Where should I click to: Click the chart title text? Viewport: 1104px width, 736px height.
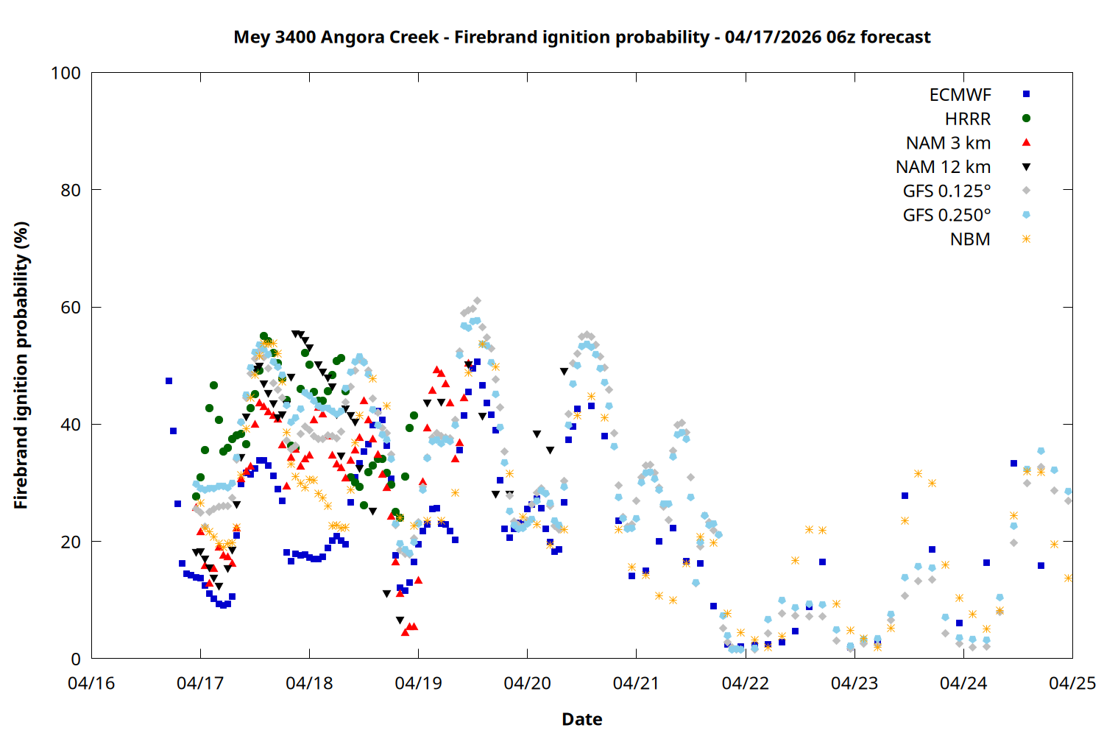coord(581,37)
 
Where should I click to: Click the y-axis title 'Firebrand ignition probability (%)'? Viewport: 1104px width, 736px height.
coord(21,365)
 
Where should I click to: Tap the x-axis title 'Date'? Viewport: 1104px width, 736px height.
coord(581,719)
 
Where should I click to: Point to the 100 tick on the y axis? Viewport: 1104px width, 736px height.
coord(66,73)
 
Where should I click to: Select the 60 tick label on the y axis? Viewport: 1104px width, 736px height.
coord(71,307)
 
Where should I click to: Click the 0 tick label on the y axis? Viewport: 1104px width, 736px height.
coord(76,659)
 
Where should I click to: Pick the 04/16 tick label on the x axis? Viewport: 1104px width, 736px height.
coord(91,683)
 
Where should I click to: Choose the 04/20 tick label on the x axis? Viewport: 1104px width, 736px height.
coord(527,683)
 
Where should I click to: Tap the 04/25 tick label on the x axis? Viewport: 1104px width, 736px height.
coord(1072,683)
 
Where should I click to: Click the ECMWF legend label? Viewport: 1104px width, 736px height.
coord(960,94)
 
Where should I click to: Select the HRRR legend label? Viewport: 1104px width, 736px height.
coord(968,118)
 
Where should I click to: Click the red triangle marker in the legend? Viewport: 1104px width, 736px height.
coord(1026,142)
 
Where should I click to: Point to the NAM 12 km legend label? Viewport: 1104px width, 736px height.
coord(943,167)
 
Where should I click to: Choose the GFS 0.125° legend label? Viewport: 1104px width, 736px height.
coord(946,191)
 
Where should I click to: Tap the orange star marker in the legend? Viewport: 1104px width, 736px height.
coord(1026,239)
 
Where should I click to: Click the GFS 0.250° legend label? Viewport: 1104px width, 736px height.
coord(946,215)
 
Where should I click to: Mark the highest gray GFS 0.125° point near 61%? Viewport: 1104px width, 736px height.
coord(477,301)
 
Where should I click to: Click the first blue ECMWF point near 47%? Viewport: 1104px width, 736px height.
coord(169,381)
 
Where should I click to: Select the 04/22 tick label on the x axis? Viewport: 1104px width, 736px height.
coord(745,683)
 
